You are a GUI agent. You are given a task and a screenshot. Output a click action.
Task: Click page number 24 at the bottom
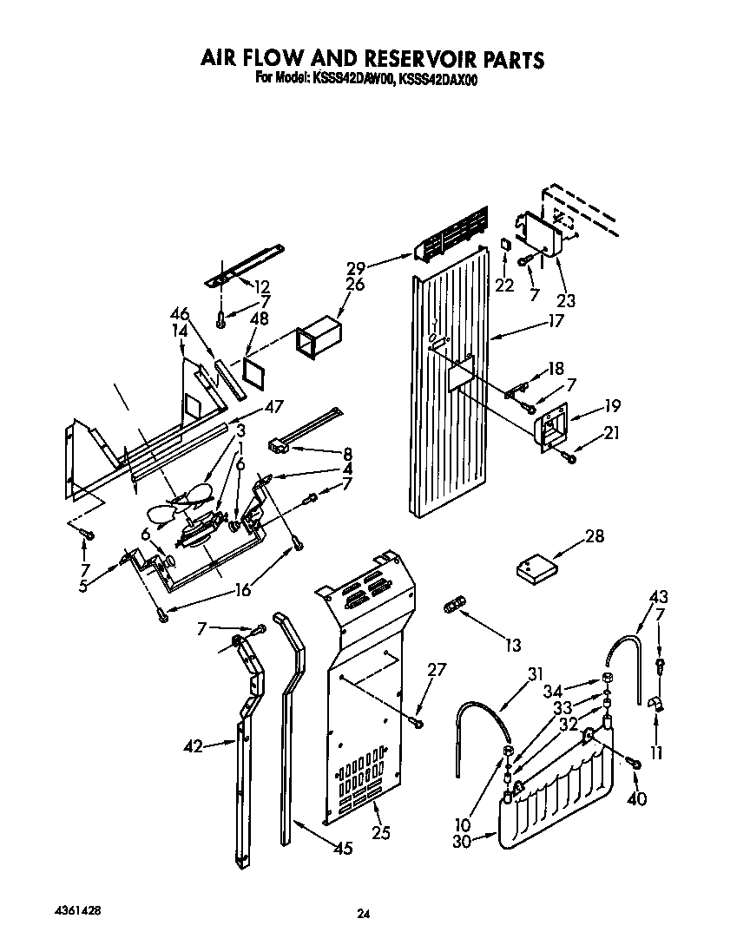(x=364, y=913)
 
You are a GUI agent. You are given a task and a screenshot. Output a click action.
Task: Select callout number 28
(x=594, y=536)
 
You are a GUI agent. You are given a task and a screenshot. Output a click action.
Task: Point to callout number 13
(x=513, y=645)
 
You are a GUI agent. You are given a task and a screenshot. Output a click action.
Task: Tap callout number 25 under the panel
(x=379, y=834)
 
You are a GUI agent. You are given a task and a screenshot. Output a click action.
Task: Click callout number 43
(x=659, y=596)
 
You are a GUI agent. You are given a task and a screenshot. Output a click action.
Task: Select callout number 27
(x=436, y=669)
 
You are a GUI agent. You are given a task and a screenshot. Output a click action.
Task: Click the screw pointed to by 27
(x=418, y=721)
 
